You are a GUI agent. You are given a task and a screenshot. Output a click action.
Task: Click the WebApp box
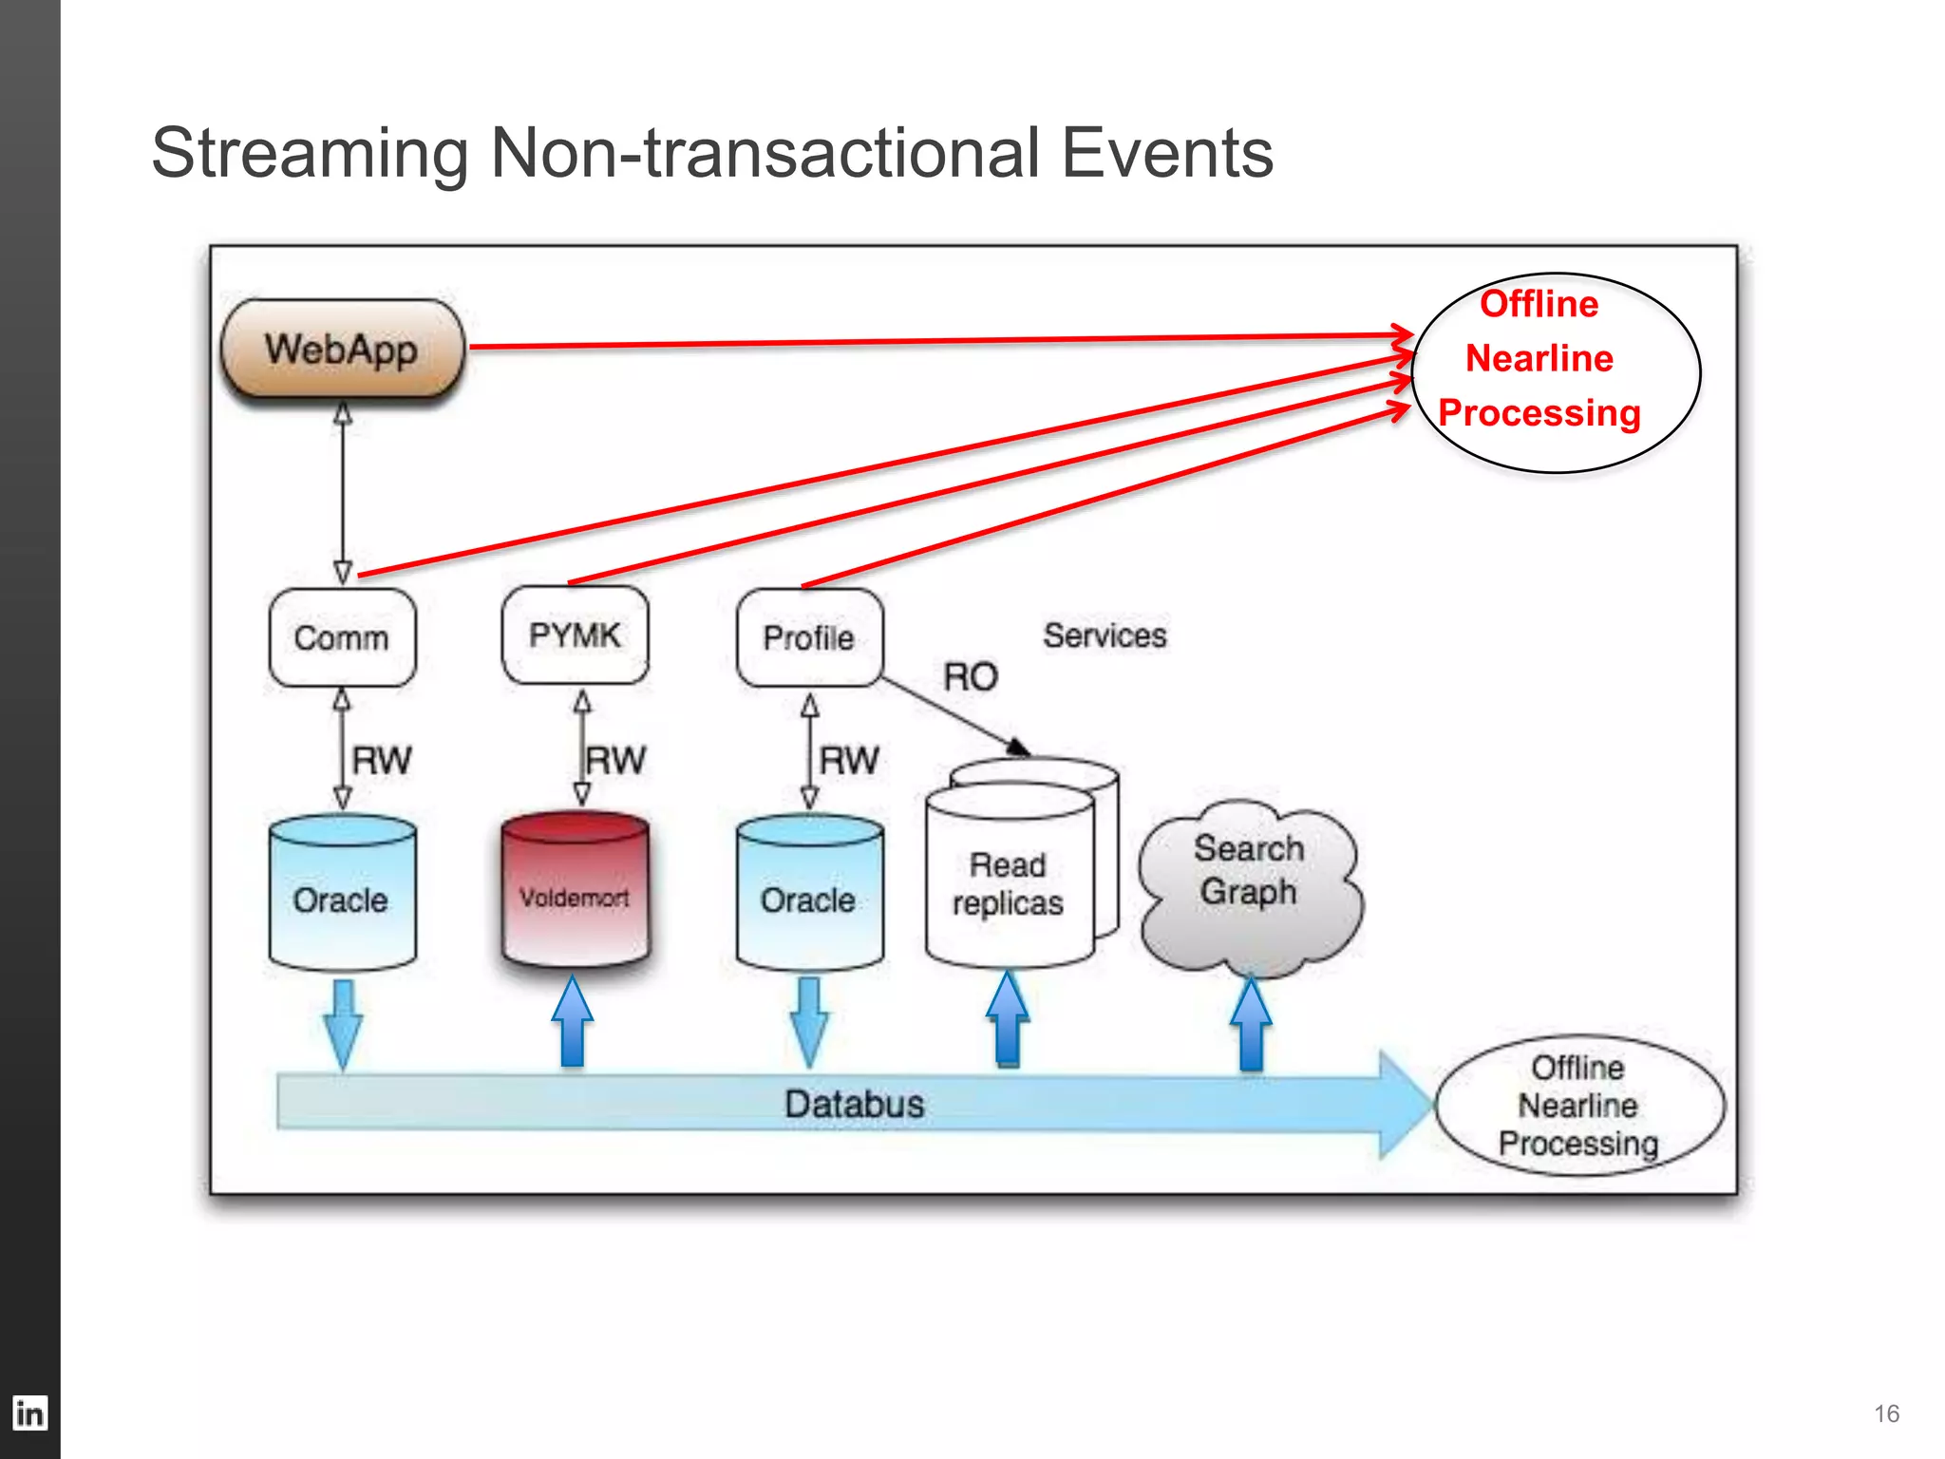point(342,350)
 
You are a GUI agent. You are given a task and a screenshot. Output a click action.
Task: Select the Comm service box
point(342,637)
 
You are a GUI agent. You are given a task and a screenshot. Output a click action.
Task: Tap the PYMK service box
point(575,635)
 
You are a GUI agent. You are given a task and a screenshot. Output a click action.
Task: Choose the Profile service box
point(809,637)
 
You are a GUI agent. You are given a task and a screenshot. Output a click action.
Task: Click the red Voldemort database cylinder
point(575,893)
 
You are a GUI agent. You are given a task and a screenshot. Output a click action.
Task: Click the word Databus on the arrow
point(854,1104)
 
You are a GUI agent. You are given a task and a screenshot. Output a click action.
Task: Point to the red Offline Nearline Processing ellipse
point(1555,372)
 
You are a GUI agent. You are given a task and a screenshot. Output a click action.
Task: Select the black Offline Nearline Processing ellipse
point(1578,1106)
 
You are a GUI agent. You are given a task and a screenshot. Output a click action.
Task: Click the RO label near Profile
point(970,677)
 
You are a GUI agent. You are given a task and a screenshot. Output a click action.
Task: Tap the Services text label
point(1105,635)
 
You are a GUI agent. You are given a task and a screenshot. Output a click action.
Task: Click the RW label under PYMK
point(615,760)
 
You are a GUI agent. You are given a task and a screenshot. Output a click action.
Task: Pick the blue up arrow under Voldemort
point(573,1024)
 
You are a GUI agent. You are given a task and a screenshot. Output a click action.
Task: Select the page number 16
point(1886,1413)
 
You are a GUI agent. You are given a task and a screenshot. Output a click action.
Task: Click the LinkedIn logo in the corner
point(29,1413)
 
